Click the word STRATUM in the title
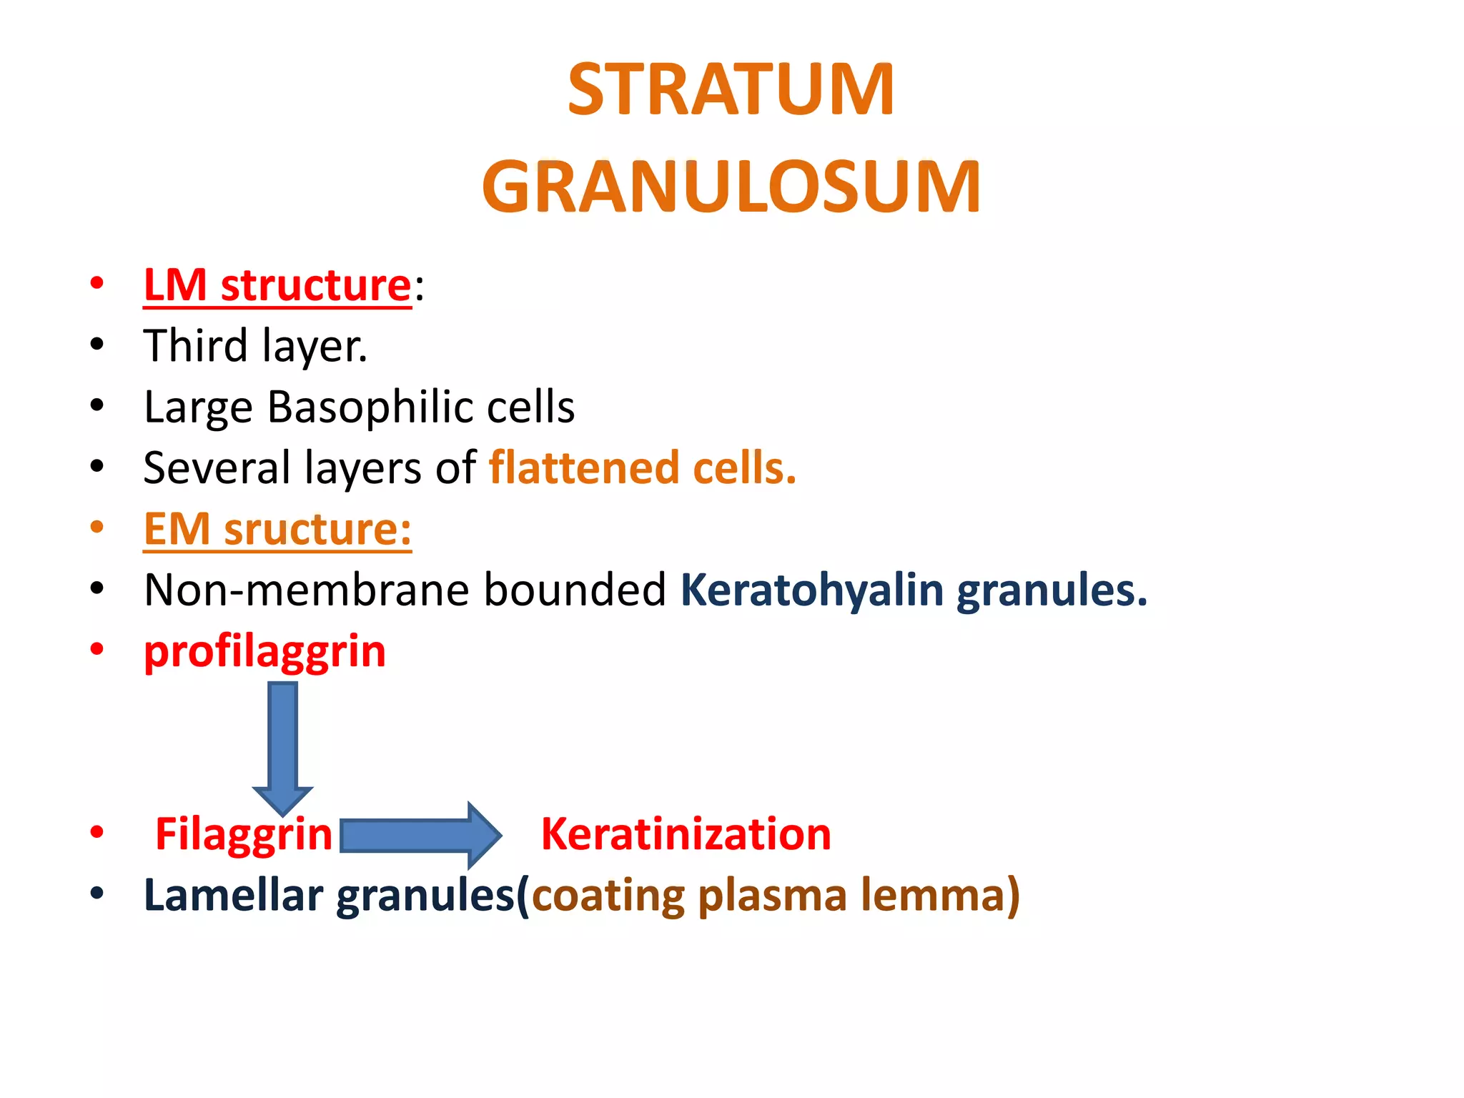pos(731,90)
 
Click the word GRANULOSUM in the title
pos(731,187)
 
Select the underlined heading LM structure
pos(277,286)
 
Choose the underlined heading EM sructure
pos(277,530)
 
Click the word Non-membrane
pos(305,590)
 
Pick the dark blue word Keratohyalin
pos(812,590)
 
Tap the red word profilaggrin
pos(264,652)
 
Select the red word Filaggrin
pos(244,834)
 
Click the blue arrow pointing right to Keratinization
pos(420,835)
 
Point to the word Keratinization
pos(686,834)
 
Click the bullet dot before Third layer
pos(97,345)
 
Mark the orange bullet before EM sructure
pos(97,528)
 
